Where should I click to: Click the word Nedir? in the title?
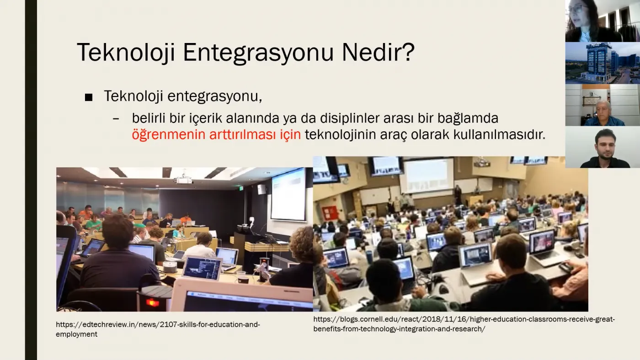(378, 52)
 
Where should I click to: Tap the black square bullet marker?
(89, 97)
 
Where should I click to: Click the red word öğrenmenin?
(169, 134)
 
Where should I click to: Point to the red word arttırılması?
(243, 134)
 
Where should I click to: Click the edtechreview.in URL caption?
(158, 329)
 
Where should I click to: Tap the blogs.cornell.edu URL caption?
(464, 324)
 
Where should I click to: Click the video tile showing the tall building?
(603, 63)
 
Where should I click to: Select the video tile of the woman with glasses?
(603, 21)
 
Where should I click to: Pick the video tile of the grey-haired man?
(603, 105)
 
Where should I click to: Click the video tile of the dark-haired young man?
(603, 147)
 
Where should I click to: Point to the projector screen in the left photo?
(288, 195)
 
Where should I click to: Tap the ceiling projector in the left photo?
(183, 180)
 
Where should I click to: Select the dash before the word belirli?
(116, 118)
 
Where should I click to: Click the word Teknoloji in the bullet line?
(133, 96)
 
